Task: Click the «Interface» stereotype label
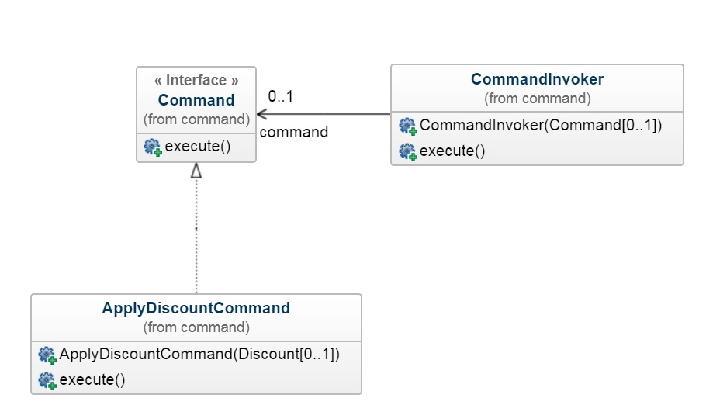coord(196,81)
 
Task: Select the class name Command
coord(196,100)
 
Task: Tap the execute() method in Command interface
coord(198,147)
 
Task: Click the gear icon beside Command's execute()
coord(153,147)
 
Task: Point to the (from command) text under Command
coord(196,119)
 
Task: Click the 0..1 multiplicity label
coord(280,97)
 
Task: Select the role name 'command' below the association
coord(293,132)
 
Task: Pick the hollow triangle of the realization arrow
coord(196,171)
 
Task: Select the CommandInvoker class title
coord(537,79)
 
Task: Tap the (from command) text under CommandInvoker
coord(537,99)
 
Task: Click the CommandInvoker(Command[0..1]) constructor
coord(540,125)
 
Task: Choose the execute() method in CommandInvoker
coord(452,151)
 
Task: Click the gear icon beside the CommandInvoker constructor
coord(407,126)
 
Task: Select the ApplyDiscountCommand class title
coord(196,308)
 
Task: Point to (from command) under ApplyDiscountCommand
coord(196,327)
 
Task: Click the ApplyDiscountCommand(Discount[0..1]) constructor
coord(199,355)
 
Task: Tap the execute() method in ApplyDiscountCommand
coord(92,380)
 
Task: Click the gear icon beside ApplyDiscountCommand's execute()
coord(47,381)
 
